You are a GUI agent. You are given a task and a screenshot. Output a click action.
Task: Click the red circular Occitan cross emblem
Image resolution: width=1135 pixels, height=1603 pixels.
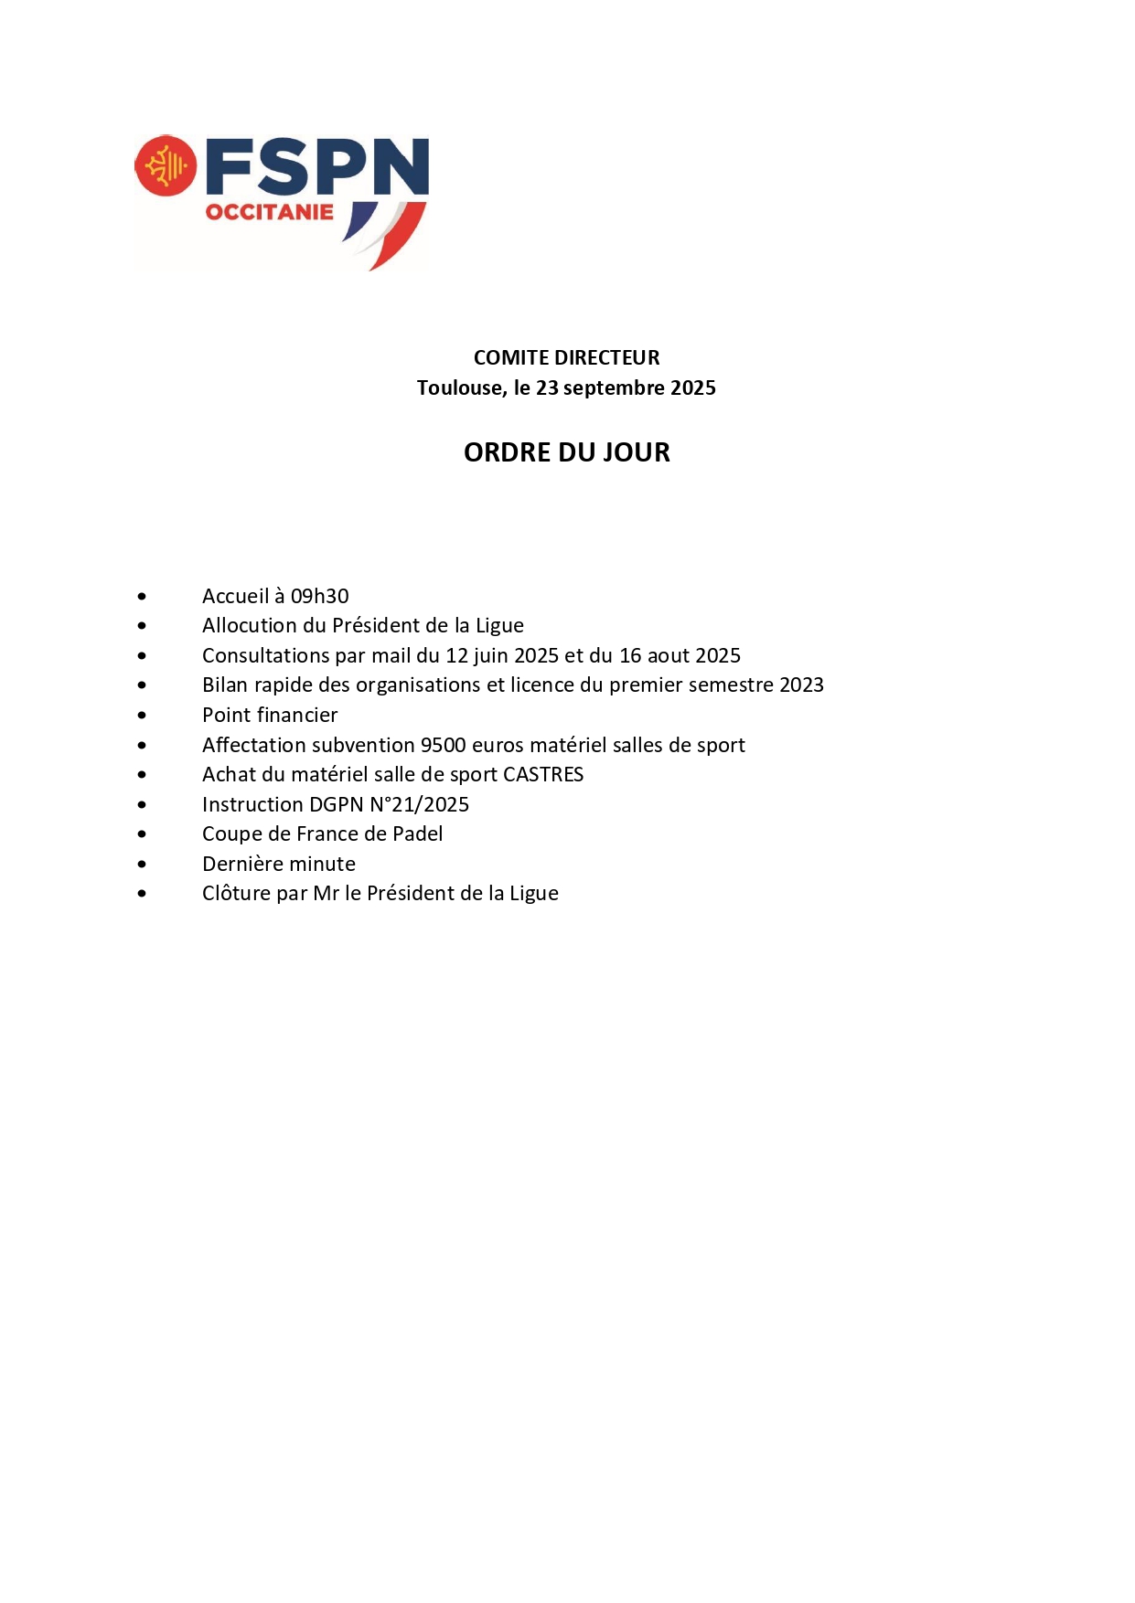point(166,166)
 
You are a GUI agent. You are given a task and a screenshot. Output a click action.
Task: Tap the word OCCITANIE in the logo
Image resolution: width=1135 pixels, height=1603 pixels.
point(269,213)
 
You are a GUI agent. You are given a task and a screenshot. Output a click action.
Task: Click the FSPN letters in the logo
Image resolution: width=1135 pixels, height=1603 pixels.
point(316,166)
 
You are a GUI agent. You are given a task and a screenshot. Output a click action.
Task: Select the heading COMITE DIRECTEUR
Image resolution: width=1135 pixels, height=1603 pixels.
point(566,357)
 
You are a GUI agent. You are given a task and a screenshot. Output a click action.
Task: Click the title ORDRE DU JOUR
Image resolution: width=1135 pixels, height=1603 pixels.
point(566,452)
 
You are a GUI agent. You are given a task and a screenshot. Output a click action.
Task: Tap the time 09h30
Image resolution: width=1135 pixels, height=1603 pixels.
point(319,596)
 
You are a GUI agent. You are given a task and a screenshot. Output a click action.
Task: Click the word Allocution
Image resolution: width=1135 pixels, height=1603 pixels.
point(250,625)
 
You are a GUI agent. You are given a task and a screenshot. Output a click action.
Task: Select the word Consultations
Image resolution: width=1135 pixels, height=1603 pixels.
point(265,655)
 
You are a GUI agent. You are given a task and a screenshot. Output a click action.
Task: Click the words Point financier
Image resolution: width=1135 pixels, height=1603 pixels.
point(270,715)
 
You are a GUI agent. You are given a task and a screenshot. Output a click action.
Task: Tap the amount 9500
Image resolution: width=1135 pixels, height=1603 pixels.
point(443,745)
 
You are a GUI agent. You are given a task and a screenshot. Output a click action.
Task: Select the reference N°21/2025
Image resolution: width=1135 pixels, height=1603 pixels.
point(419,804)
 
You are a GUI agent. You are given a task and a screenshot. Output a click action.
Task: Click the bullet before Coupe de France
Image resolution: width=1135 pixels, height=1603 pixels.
point(142,834)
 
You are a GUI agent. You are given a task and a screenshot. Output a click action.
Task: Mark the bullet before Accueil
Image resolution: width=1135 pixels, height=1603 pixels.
point(142,597)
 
